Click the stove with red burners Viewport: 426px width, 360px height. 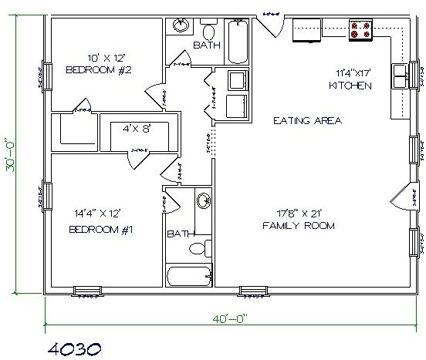click(360, 29)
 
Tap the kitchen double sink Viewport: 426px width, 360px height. click(401, 76)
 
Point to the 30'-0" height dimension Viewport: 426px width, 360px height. click(16, 158)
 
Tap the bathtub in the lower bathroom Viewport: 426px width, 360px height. click(188, 276)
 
